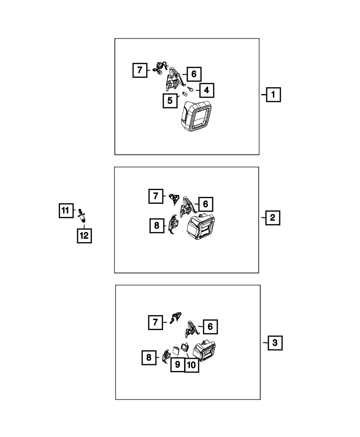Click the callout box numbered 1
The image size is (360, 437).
(273, 95)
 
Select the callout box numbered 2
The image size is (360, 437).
(272, 217)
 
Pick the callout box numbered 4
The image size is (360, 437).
(206, 90)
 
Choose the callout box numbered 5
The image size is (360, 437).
(170, 100)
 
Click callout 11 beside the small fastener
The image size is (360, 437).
(66, 211)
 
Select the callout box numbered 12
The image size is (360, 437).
(84, 236)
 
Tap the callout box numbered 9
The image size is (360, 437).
(177, 364)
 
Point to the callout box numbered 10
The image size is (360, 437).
(192, 365)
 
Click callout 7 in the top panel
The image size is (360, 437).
(140, 70)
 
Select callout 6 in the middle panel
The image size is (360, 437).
(205, 204)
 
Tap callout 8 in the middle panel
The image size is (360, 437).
(157, 225)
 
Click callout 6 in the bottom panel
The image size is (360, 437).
(210, 327)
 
